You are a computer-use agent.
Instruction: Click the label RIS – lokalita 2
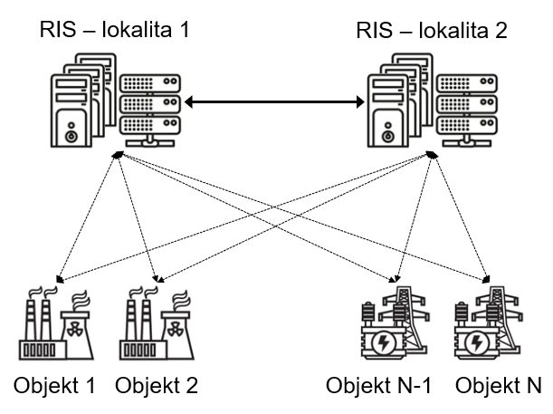(432, 28)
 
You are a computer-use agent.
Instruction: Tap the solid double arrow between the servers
(274, 101)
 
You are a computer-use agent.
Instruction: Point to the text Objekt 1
(54, 383)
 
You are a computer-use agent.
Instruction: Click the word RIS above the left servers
(57, 28)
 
